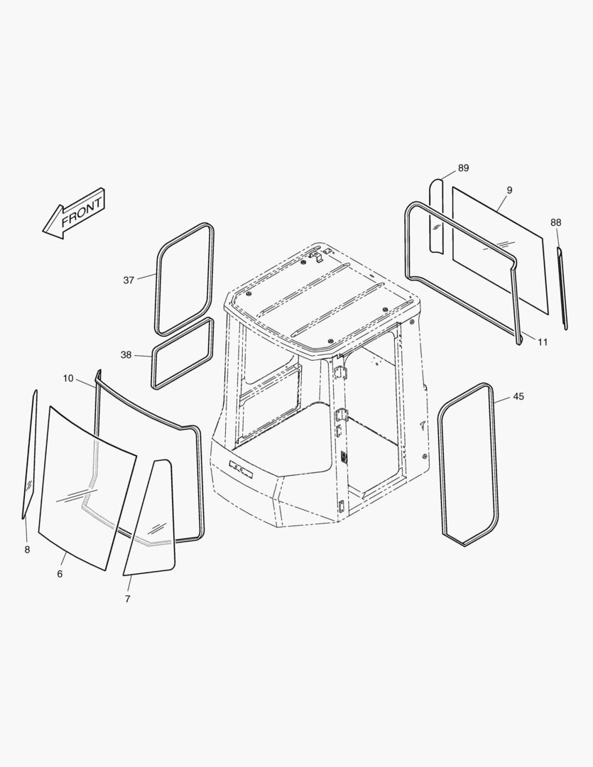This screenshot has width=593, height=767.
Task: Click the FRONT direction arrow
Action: pyautogui.click(x=74, y=214)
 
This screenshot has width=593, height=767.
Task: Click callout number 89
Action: pyautogui.click(x=463, y=168)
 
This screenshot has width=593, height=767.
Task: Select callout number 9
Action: pyautogui.click(x=509, y=190)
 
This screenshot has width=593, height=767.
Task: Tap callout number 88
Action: pyautogui.click(x=556, y=222)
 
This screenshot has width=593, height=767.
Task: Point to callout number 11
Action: pyautogui.click(x=543, y=342)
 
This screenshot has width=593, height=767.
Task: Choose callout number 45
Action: pyautogui.click(x=518, y=396)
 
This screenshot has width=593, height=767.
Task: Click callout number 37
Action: pyautogui.click(x=129, y=281)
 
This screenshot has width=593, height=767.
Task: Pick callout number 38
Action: pyautogui.click(x=126, y=354)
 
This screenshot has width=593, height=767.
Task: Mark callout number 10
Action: pyautogui.click(x=68, y=378)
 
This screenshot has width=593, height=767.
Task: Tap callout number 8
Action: pyautogui.click(x=27, y=549)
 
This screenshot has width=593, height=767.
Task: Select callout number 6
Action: pyautogui.click(x=60, y=574)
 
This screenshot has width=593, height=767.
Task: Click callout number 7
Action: pyautogui.click(x=128, y=599)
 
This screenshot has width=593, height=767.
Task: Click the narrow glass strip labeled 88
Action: pyautogui.click(x=562, y=288)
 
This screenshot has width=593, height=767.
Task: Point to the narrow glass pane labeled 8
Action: pyautogui.click(x=29, y=454)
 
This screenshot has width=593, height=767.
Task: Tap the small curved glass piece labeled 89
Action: pyautogui.click(x=436, y=216)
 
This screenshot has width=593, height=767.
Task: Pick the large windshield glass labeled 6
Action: pyautogui.click(x=87, y=488)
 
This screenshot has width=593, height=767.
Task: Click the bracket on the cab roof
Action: pyautogui.click(x=316, y=256)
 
